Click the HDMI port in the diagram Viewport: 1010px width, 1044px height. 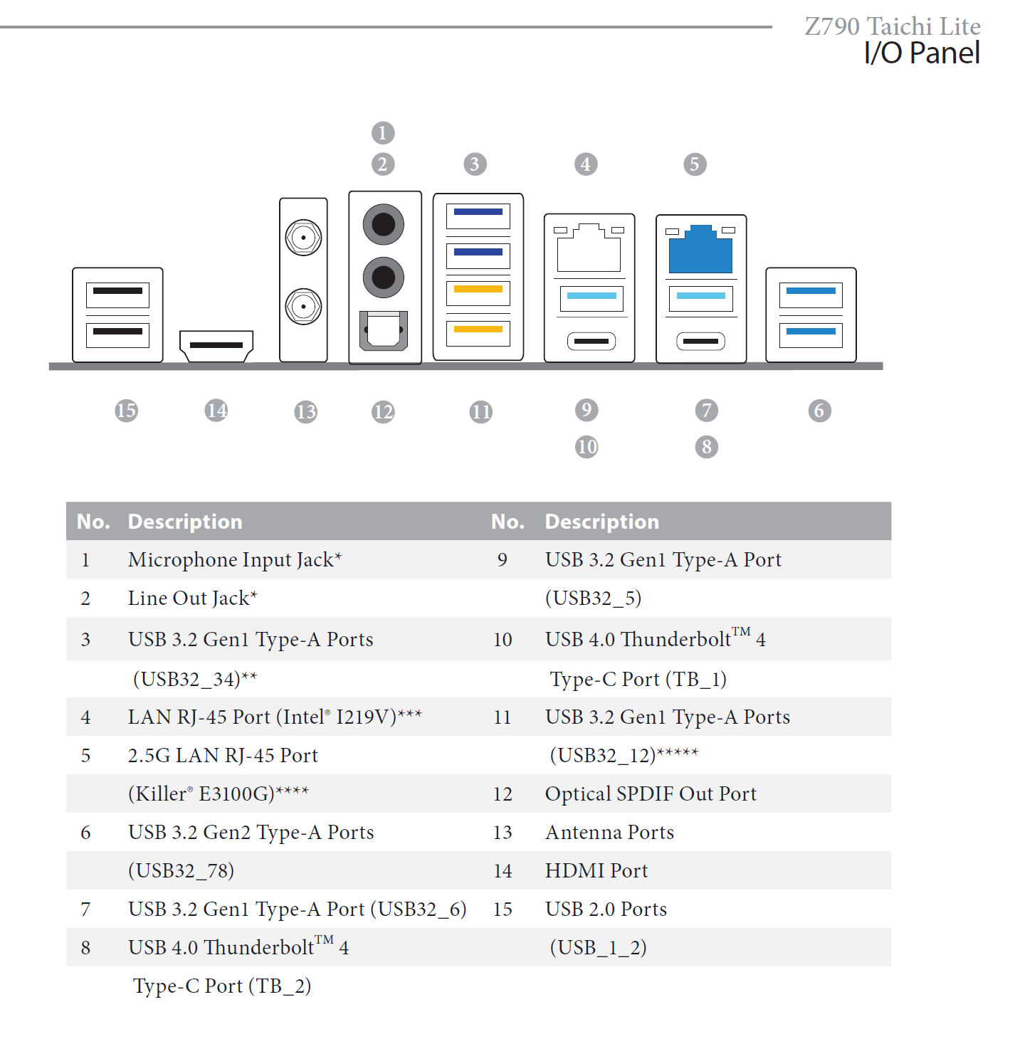coord(216,346)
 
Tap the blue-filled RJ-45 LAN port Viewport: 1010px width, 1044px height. coord(700,250)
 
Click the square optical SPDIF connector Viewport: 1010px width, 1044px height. coord(383,330)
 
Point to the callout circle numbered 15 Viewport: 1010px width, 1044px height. coord(126,411)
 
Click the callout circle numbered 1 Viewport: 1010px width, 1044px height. coord(383,132)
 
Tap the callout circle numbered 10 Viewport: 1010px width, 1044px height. coord(586,447)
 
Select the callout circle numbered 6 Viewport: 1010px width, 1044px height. coord(819,411)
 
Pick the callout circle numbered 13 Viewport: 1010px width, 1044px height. coord(306,412)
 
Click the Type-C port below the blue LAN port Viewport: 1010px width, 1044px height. coord(700,341)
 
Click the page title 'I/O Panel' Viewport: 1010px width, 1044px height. coord(922,53)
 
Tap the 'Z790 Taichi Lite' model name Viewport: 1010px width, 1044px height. coord(893,26)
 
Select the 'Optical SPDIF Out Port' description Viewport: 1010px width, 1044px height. coord(651,794)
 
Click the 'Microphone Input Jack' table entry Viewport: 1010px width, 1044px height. coord(234,560)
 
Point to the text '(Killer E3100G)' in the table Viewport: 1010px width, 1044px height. coord(218,794)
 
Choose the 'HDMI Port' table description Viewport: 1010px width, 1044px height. coord(596,871)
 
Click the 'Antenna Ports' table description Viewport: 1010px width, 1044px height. coord(609,833)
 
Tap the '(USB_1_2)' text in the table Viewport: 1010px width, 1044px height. coord(598,948)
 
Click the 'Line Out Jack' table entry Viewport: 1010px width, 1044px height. coord(193,599)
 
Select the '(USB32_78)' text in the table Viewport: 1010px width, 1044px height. coord(181,871)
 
